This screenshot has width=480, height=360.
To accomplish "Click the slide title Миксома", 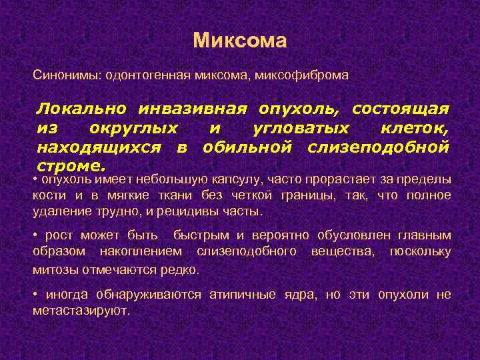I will pyautogui.click(x=240, y=41).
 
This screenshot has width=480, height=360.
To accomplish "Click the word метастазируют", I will pyautogui.click(x=81, y=311).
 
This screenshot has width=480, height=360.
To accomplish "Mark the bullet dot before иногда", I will pyautogui.click(x=35, y=294).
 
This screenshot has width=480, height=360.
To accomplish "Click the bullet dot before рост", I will pyautogui.click(x=35, y=235).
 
